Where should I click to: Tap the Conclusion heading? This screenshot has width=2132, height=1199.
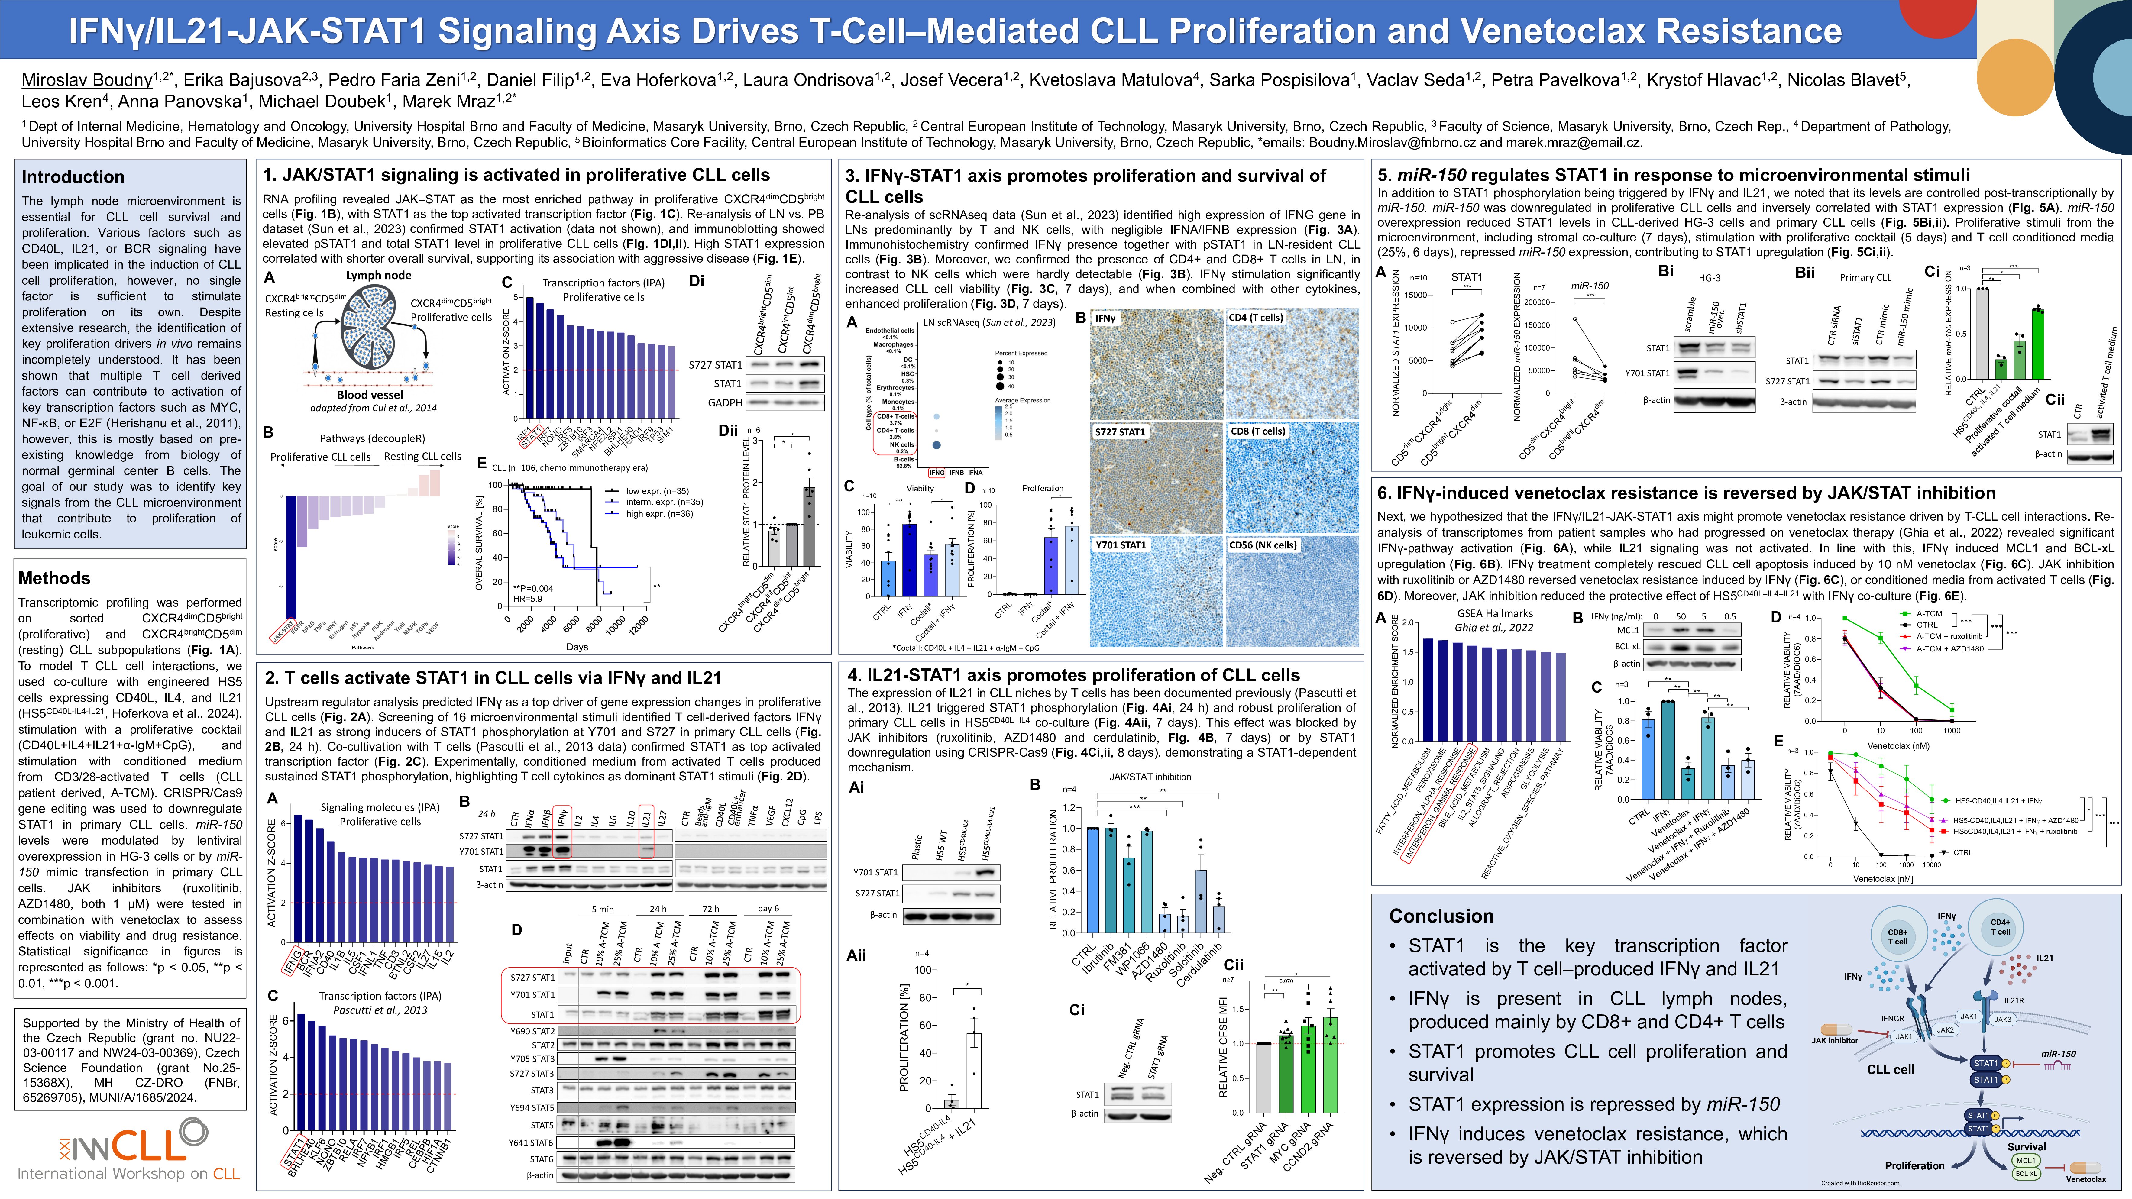pyautogui.click(x=1441, y=916)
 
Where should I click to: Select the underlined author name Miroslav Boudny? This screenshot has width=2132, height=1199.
pyautogui.click(x=87, y=80)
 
